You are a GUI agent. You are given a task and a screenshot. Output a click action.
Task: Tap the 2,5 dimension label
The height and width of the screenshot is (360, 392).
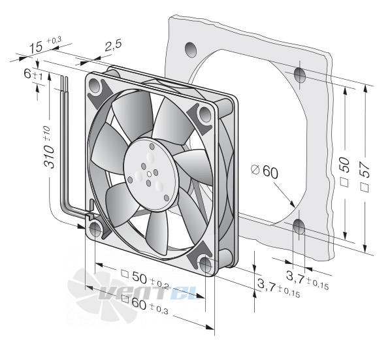(113, 45)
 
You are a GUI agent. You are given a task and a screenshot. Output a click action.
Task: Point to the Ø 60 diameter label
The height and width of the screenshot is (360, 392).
(264, 171)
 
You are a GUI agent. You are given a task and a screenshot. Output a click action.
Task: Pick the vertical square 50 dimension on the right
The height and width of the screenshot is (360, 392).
(345, 171)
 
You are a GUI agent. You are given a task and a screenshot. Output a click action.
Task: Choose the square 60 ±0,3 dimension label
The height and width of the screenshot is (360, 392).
(144, 305)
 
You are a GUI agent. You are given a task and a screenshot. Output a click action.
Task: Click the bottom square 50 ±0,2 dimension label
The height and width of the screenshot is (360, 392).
(145, 279)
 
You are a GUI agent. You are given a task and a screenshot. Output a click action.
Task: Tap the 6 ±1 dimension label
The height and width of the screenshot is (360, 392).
(33, 74)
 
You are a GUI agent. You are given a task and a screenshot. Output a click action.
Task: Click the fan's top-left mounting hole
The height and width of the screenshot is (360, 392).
(94, 85)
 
